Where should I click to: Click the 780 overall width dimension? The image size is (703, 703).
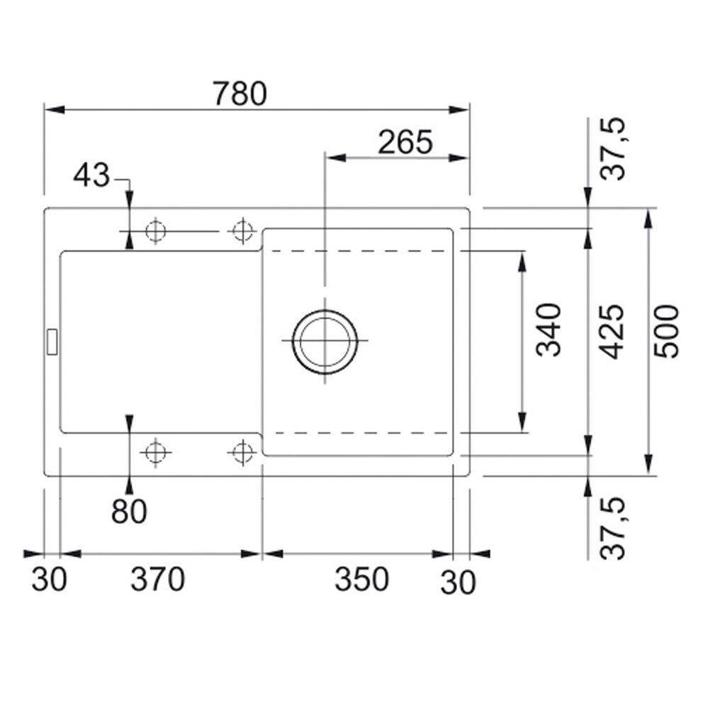240,94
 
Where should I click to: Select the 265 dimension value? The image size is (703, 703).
405,142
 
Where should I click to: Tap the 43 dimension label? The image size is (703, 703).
91,175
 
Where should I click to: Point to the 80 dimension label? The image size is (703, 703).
129,511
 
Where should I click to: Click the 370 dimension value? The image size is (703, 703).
157,579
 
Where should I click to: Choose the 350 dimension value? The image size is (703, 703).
361,579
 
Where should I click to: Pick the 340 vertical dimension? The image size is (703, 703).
549,330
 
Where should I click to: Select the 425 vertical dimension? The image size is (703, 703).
612,332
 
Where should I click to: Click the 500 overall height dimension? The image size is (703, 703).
666,332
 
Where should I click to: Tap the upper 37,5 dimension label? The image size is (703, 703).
612,149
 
